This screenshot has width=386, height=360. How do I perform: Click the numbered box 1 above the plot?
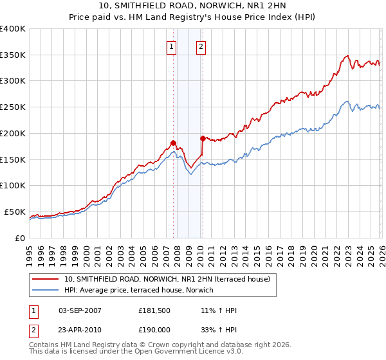click(172, 46)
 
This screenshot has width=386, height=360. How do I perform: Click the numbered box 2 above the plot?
click(201, 46)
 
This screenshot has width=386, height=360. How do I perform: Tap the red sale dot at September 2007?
click(173, 143)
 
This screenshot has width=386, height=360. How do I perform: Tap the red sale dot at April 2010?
click(203, 138)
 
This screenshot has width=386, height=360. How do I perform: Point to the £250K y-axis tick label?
click(13, 107)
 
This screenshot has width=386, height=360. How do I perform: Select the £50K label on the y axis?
click(15, 212)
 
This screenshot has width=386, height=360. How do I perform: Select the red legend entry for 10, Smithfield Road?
click(170, 279)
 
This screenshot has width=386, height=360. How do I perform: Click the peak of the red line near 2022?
click(347, 56)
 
